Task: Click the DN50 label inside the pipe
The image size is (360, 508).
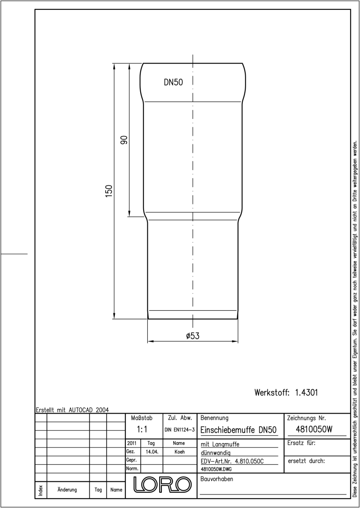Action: click(173, 82)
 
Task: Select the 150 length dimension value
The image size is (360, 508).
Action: click(109, 191)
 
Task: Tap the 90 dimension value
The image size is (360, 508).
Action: click(124, 140)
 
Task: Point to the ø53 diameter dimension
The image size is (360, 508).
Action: click(193, 336)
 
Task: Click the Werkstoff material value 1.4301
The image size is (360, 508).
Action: click(306, 392)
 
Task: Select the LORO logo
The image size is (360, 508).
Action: click(162, 485)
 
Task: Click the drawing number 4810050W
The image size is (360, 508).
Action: click(314, 429)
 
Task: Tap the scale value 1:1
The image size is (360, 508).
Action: click(142, 429)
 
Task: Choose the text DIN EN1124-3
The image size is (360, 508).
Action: click(180, 430)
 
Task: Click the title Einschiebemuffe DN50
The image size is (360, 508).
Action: click(238, 430)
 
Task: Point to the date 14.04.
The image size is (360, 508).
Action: click(152, 452)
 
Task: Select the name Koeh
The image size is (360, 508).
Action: click(180, 452)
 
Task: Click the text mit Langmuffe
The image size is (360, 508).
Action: click(220, 444)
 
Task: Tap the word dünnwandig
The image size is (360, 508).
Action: click(216, 453)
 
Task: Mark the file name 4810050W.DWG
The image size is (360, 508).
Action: click(216, 469)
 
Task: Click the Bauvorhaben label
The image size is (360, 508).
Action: click(216, 479)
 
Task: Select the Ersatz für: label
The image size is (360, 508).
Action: click(301, 443)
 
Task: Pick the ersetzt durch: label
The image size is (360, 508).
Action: click(306, 461)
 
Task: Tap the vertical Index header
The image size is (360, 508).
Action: click(41, 490)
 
